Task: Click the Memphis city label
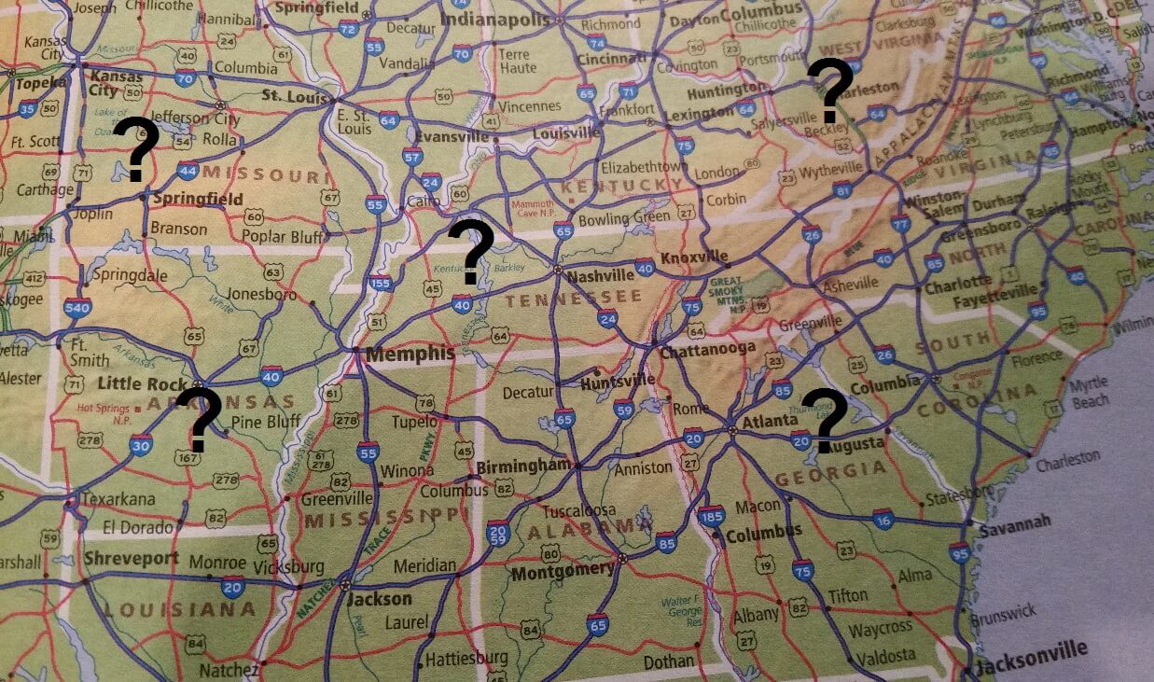point(410,355)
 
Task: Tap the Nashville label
point(600,276)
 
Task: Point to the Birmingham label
point(522,466)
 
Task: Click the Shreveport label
point(131,558)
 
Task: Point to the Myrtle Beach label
point(1090,392)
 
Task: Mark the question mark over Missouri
point(136,149)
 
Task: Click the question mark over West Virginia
point(829,90)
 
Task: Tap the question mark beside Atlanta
point(824,420)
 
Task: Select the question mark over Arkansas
point(198,419)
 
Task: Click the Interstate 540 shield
point(78,308)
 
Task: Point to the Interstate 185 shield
point(711,516)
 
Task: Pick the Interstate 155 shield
point(381,285)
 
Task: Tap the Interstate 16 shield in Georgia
point(883,521)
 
